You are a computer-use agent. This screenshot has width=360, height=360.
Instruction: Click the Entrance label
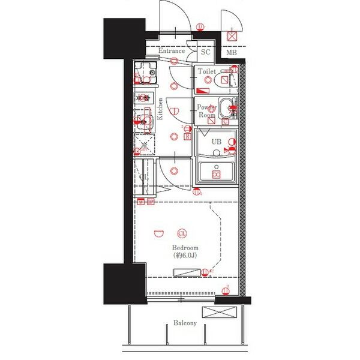coord(171,52)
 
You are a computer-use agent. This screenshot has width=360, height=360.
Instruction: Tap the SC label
coord(205,52)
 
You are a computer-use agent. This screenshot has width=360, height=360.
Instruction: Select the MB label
coord(231,53)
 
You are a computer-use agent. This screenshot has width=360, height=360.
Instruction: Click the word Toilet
coord(207,71)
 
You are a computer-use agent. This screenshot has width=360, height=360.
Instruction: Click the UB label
coord(215,142)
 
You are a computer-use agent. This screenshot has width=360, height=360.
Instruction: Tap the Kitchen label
coord(160,109)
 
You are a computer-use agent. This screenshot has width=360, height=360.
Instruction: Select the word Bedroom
coord(185,248)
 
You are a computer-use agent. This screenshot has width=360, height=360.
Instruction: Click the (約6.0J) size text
coord(185,256)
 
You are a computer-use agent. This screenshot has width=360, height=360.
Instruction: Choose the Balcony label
coord(185,323)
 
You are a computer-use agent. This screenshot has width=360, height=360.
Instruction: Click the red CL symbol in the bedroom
coord(182,233)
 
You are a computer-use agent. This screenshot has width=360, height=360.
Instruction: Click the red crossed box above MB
coord(232,36)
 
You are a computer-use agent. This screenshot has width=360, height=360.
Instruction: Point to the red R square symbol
coord(187,136)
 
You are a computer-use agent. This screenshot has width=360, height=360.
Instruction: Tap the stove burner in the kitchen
coord(143,97)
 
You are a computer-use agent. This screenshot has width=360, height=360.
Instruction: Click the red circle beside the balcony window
coord(225,292)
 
